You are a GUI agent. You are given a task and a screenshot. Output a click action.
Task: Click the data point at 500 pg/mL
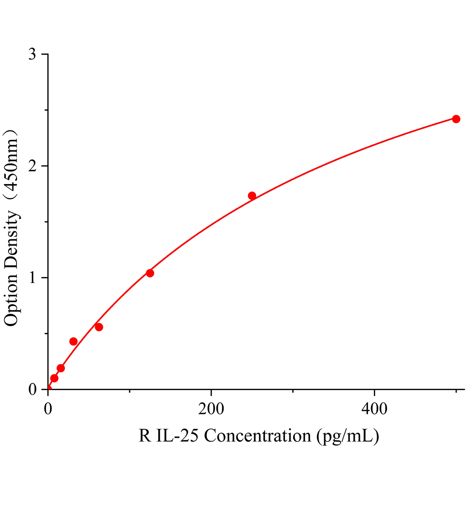click(456, 119)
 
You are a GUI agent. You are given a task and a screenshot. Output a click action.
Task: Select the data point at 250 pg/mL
click(252, 196)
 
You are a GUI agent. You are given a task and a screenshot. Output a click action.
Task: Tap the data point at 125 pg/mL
click(150, 273)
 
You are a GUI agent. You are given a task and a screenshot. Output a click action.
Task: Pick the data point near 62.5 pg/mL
click(99, 327)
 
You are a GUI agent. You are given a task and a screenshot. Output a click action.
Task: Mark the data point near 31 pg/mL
click(73, 341)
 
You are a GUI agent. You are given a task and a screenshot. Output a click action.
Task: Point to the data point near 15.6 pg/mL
click(61, 368)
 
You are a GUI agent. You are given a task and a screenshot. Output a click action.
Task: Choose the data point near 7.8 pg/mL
click(54, 378)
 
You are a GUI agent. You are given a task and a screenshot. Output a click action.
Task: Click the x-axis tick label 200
click(211, 409)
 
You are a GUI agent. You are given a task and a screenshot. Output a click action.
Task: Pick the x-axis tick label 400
click(374, 409)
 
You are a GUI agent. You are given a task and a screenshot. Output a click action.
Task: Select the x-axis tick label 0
click(48, 409)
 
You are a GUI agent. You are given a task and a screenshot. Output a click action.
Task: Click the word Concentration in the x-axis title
click(258, 436)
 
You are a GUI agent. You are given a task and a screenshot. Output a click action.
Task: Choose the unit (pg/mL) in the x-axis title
click(348, 436)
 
